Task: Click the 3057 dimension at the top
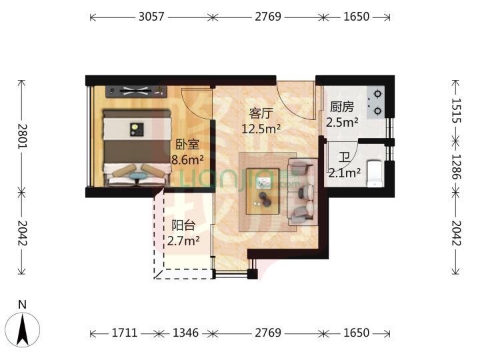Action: click(x=151, y=17)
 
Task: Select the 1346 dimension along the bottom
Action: click(x=185, y=333)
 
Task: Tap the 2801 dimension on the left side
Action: click(x=22, y=136)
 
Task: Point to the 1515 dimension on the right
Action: click(x=456, y=111)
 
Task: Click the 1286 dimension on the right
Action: click(x=456, y=167)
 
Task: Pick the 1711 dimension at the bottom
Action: click(x=125, y=333)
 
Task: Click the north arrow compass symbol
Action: click(x=23, y=330)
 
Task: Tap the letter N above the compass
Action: click(x=23, y=305)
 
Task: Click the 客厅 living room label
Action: click(x=261, y=113)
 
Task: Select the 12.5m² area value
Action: click(x=261, y=129)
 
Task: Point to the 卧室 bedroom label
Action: click(x=187, y=145)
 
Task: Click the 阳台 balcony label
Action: click(x=183, y=225)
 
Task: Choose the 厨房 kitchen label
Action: click(x=342, y=107)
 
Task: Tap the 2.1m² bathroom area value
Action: click(x=345, y=173)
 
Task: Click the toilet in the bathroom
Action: click(x=375, y=173)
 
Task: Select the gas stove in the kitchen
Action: click(x=376, y=102)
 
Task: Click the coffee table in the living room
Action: click(x=263, y=191)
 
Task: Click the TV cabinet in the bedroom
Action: click(x=137, y=91)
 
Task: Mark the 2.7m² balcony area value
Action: click(x=183, y=241)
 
